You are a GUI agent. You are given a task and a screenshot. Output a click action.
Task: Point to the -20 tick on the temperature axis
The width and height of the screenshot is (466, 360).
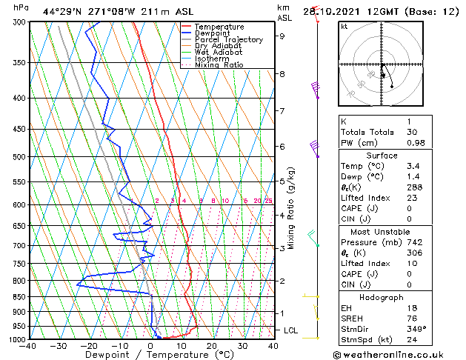90,345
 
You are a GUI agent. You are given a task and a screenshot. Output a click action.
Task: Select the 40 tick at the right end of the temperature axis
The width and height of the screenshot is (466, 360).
273,345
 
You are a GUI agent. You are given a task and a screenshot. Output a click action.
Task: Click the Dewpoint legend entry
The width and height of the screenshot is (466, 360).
210,33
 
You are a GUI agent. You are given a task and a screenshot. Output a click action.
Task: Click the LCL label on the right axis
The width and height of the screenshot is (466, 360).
287,330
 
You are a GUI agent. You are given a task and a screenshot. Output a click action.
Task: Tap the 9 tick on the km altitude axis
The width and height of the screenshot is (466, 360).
282,36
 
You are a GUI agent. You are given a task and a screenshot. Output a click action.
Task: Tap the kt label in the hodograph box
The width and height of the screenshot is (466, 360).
344,26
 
